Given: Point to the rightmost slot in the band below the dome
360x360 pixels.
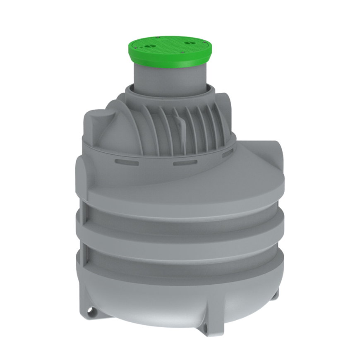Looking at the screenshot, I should tap(228, 154).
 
